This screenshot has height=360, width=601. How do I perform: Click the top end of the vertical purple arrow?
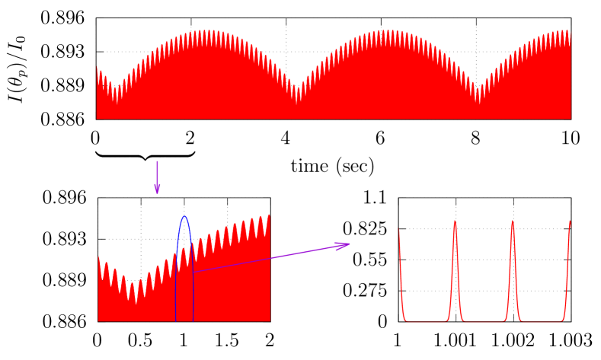click(157, 161)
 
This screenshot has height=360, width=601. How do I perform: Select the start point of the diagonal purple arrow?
click(194, 271)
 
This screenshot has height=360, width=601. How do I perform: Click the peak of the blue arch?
click(184, 217)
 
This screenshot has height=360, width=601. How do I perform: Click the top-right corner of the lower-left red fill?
click(269, 215)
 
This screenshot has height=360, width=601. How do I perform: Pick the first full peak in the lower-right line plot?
click(455, 221)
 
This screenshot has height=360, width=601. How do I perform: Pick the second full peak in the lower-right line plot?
click(512, 221)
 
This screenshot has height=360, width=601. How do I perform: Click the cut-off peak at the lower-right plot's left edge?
click(399, 231)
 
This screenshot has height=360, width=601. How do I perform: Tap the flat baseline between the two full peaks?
click(484, 320)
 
